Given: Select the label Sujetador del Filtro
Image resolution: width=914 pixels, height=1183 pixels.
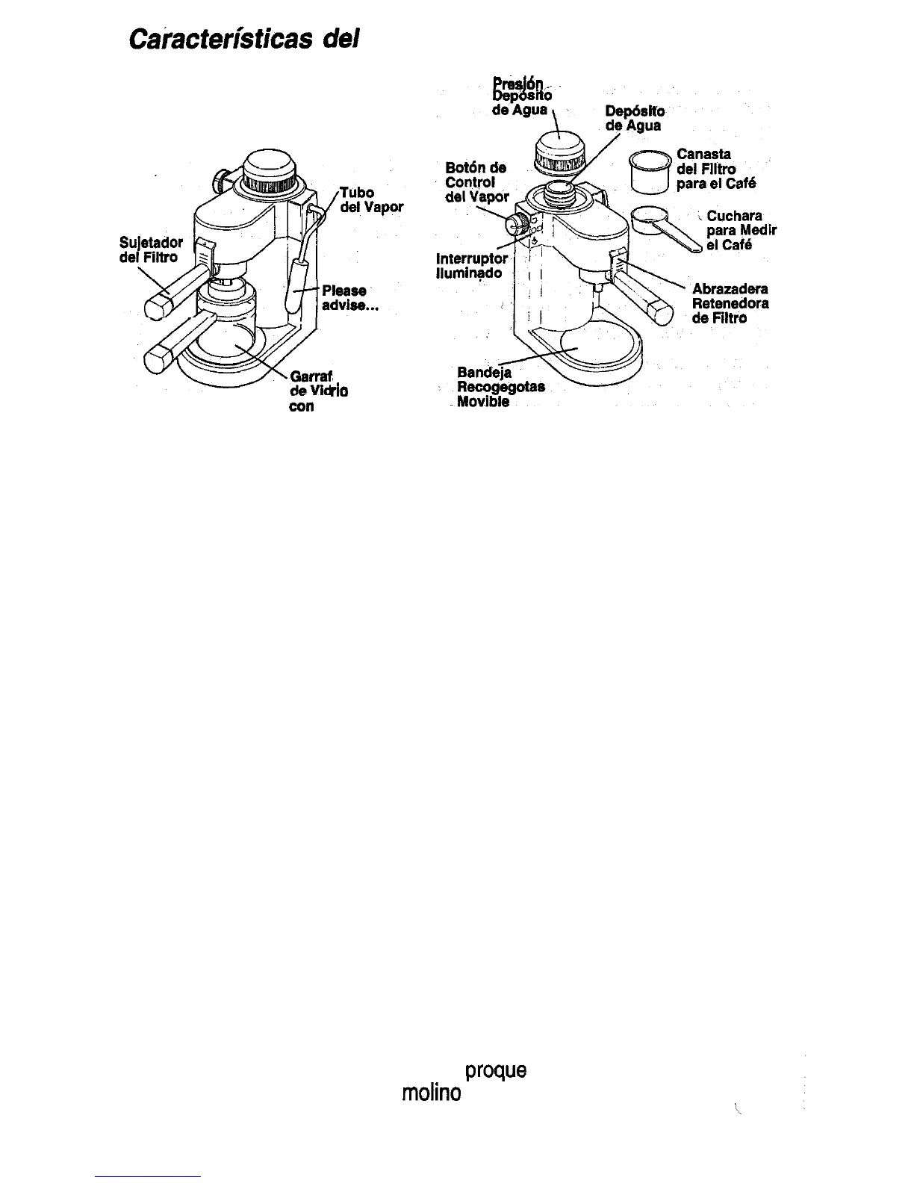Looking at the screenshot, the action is pos(151,249).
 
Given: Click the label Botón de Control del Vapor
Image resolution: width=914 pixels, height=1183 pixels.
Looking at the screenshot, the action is pos(476,182).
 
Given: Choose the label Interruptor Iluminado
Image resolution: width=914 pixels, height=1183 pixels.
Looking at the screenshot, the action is pos(471,266).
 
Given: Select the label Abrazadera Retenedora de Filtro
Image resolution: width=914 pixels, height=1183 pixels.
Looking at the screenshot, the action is pos(730,303).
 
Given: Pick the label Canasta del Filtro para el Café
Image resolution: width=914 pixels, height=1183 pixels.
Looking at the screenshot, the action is pos(715,169).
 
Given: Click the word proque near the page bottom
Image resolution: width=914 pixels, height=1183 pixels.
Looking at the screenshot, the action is pos(495,1070).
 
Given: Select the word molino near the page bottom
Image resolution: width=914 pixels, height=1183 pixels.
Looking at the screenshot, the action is pos(431,1093).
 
